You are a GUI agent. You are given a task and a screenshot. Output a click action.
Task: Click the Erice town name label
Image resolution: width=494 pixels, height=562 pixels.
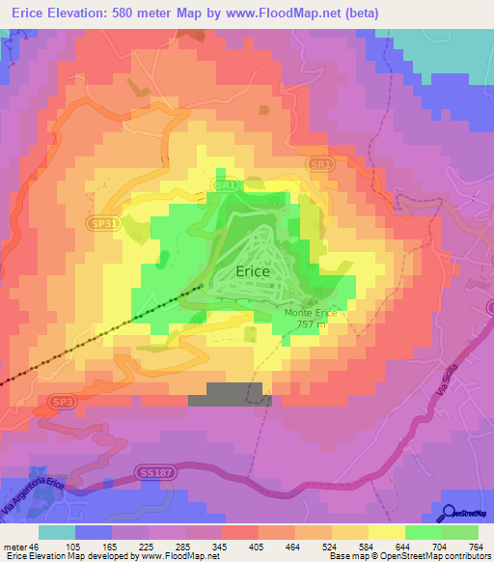(x=253, y=272)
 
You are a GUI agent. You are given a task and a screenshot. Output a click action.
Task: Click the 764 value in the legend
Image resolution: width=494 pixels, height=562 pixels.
(x=475, y=546)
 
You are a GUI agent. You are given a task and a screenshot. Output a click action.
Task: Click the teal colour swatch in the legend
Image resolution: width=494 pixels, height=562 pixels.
(x=57, y=531)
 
